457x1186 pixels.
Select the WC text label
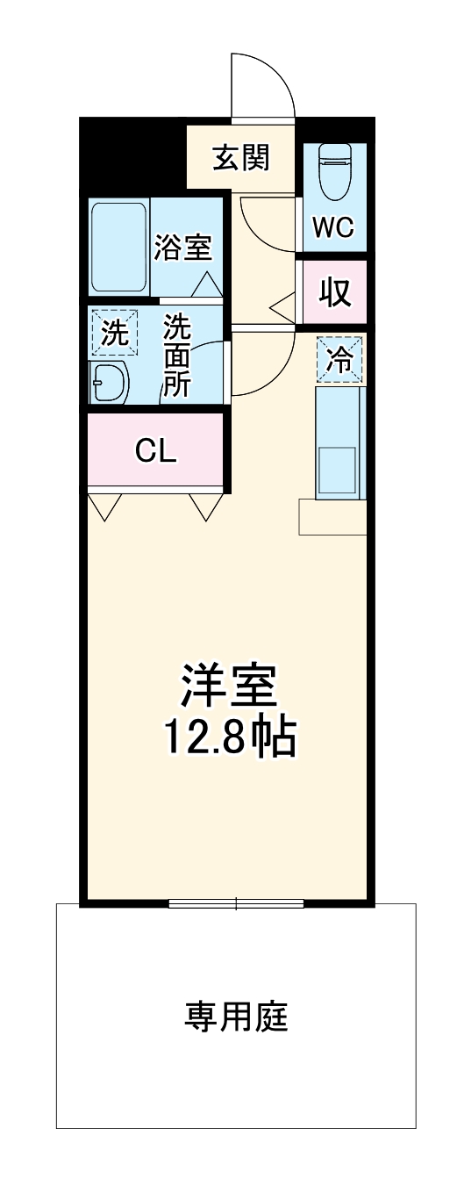click(x=334, y=228)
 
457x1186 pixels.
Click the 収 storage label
click(x=334, y=292)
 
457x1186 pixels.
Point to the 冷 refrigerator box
click(x=340, y=359)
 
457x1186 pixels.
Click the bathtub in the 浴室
click(x=118, y=248)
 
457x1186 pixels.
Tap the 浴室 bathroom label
click(x=183, y=248)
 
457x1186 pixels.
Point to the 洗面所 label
click(x=178, y=356)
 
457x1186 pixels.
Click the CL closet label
click(x=156, y=451)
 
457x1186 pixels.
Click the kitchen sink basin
click(x=336, y=471)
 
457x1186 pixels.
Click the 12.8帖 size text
click(x=229, y=738)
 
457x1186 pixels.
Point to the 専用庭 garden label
click(x=236, y=1017)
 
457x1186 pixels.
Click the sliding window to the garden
click(x=236, y=902)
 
